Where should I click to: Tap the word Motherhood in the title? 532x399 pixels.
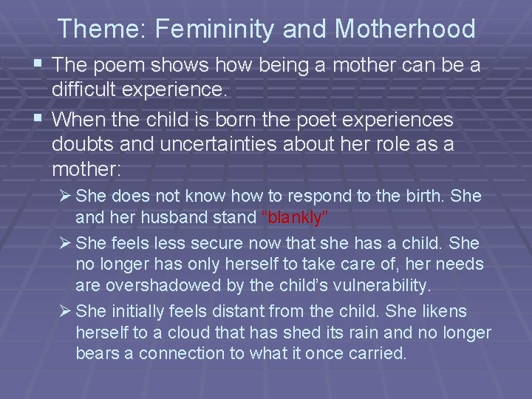pyautogui.click(x=405, y=29)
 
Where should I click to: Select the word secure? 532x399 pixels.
pyautogui.click(x=215, y=243)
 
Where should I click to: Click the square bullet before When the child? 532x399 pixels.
pyautogui.click(x=38, y=119)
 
